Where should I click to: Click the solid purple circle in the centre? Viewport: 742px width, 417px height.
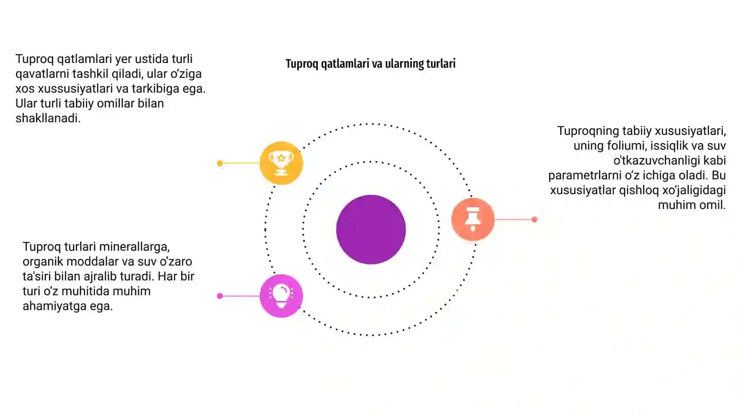(371, 229)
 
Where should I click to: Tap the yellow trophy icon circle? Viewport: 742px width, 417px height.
(281, 163)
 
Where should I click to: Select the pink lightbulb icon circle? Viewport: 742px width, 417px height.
(281, 296)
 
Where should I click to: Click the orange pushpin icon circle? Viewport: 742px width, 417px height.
(473, 219)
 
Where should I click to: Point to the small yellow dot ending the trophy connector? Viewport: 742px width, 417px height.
(220, 163)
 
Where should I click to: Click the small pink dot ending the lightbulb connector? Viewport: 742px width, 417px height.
(220, 296)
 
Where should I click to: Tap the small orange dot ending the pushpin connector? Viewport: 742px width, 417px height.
(534, 219)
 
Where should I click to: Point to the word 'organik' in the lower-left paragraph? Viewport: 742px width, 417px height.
(43, 262)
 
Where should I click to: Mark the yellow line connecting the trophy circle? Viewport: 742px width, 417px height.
(241, 163)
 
